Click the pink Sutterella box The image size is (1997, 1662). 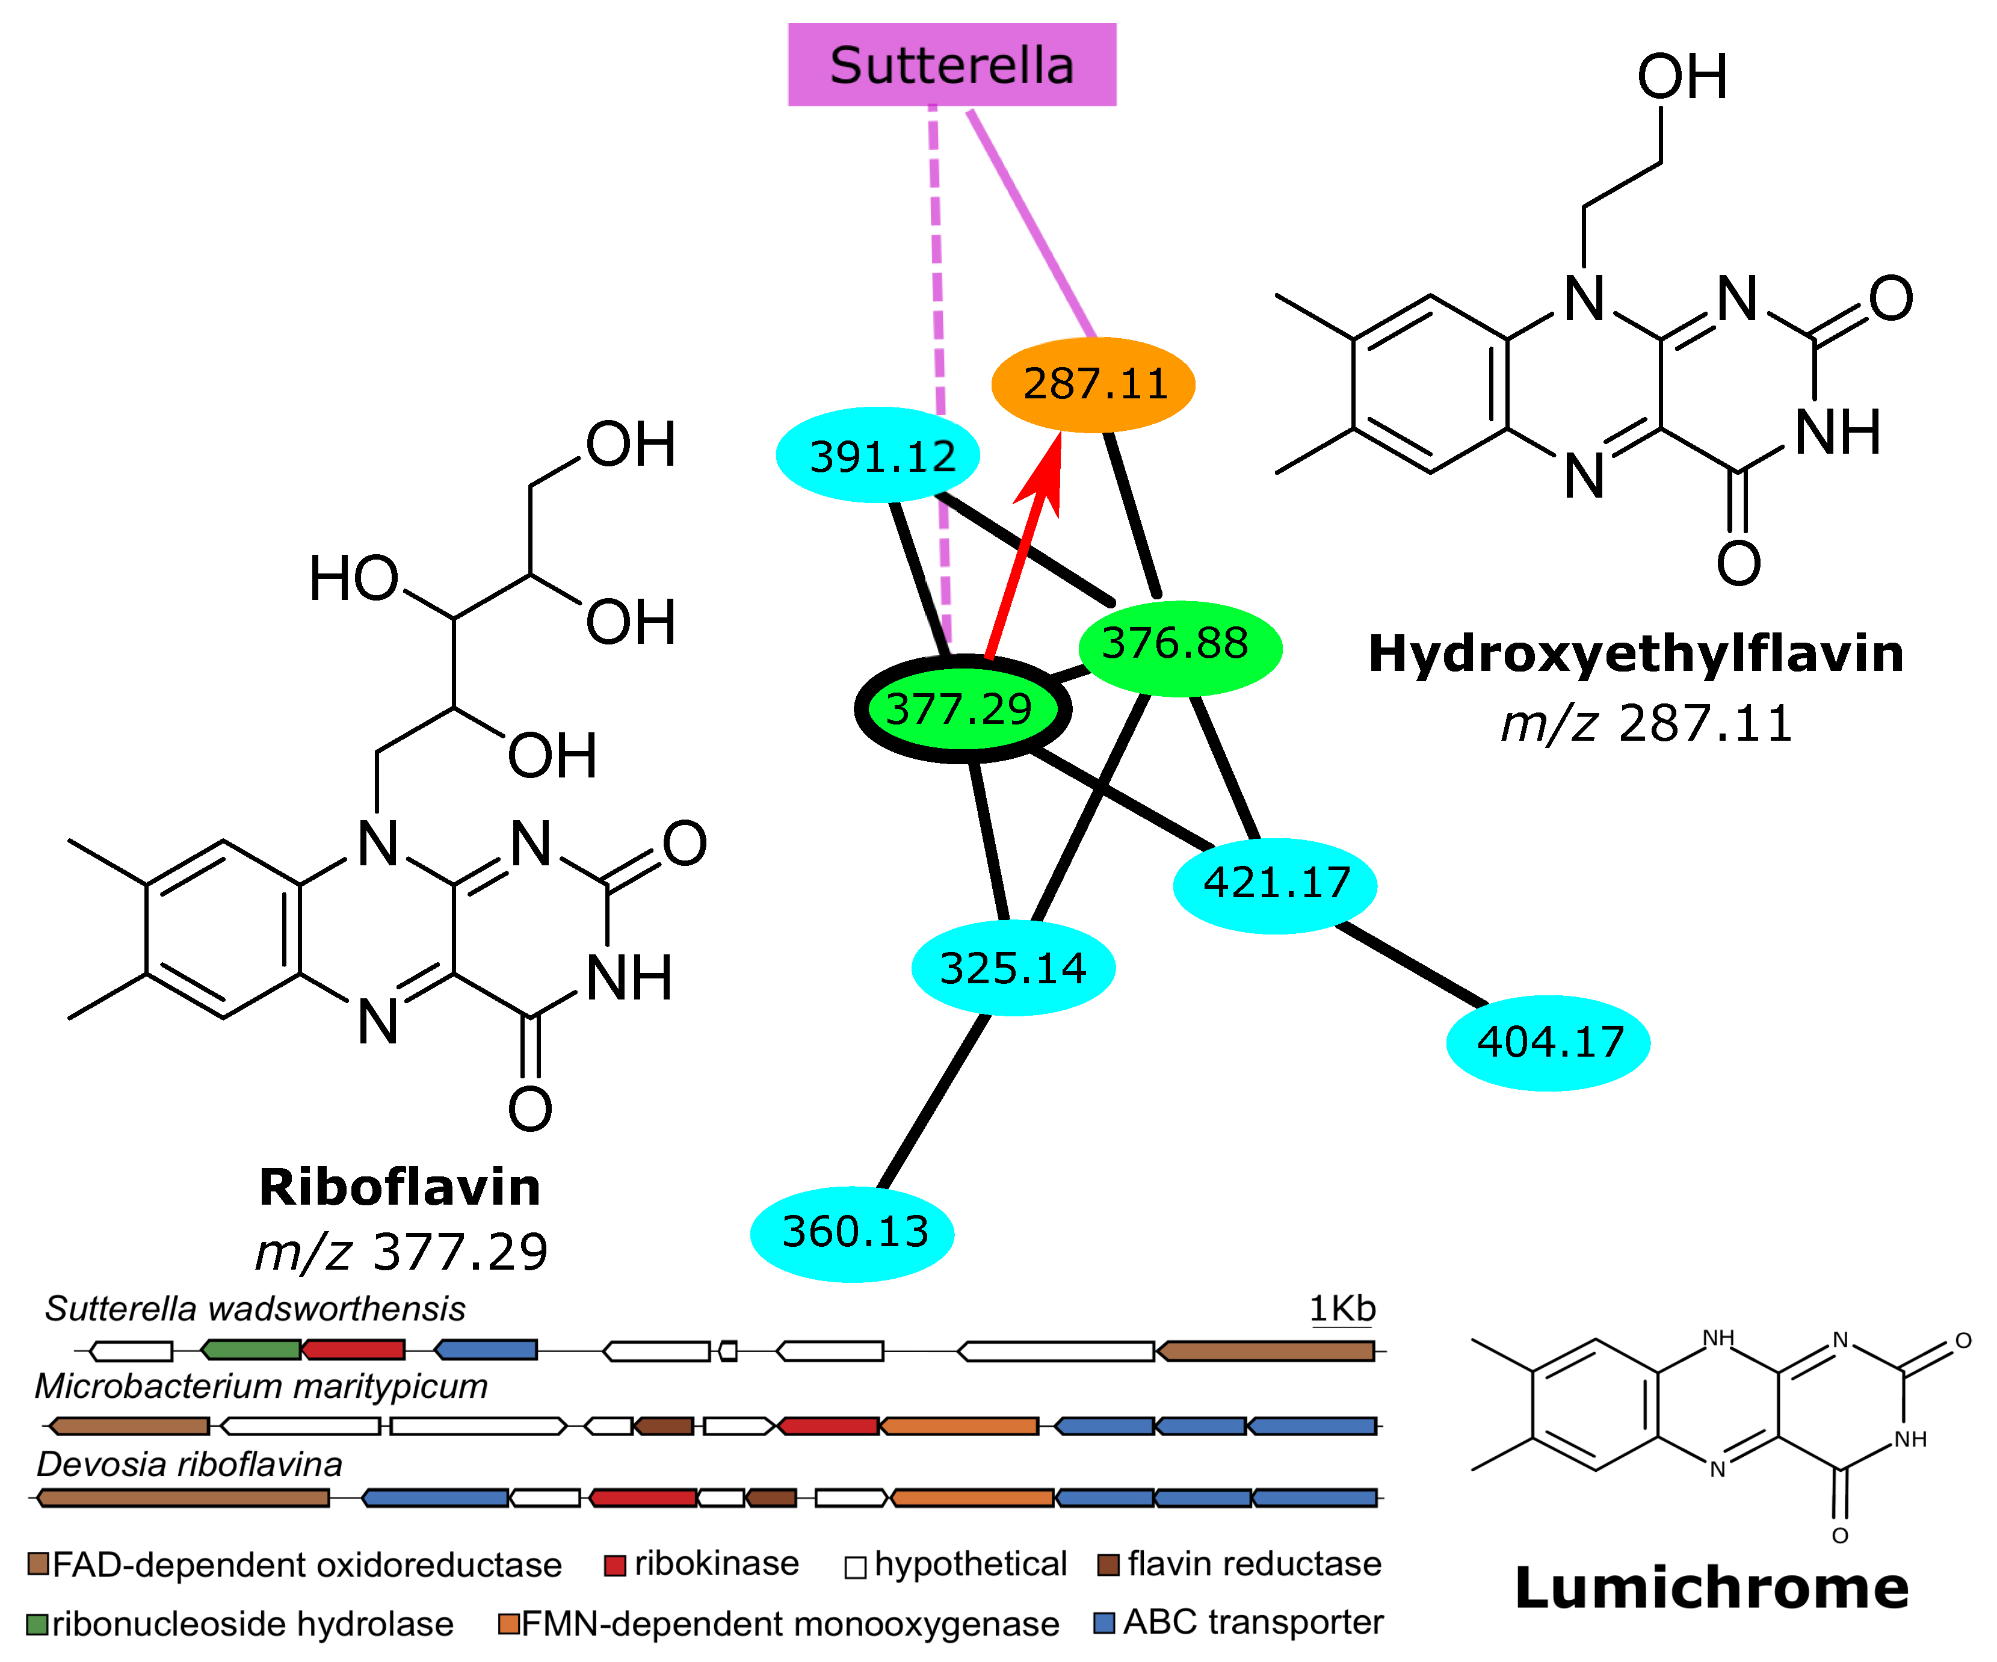(951, 64)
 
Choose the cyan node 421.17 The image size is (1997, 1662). (1275, 884)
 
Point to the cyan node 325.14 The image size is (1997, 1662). (1012, 968)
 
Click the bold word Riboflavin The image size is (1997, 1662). (400, 1188)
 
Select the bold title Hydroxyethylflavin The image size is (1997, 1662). (1635, 654)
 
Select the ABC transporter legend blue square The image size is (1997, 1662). (1103, 1622)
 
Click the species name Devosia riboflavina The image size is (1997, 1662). (190, 1464)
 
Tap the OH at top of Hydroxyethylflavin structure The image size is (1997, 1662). (1681, 76)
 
